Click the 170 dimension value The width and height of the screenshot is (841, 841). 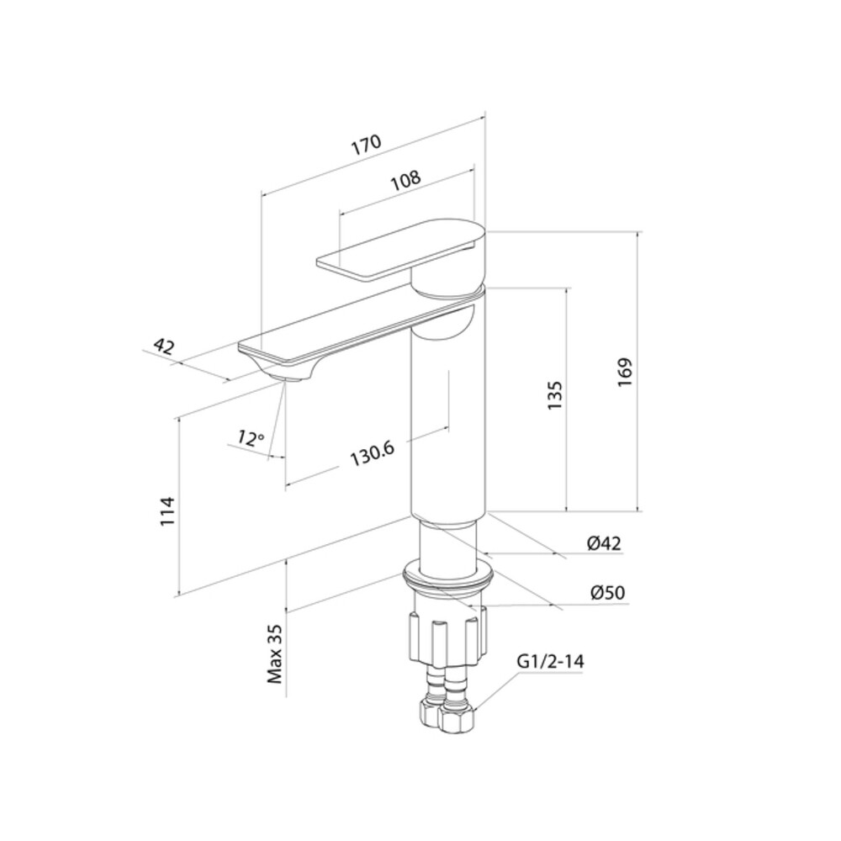click(x=367, y=145)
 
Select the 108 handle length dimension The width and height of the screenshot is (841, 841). click(x=406, y=180)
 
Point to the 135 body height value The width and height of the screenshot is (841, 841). click(x=554, y=396)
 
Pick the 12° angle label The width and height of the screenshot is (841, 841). click(x=251, y=439)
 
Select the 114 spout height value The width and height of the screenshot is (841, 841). click(x=168, y=511)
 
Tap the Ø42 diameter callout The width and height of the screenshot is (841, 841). click(x=604, y=543)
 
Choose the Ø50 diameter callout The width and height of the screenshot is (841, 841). click(x=607, y=593)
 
